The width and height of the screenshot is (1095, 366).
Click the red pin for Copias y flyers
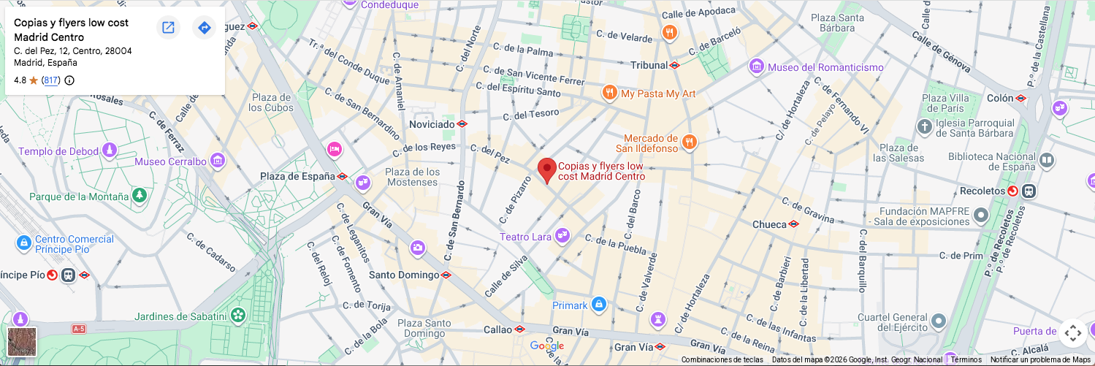click(546, 169)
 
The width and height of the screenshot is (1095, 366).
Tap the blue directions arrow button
click(205, 28)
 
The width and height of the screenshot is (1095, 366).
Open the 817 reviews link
click(50, 80)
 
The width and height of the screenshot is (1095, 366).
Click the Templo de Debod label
click(58, 151)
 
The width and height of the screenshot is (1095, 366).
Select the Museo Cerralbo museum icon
click(217, 161)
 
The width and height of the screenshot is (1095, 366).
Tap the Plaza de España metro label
click(297, 176)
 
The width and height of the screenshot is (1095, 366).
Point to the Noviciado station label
click(432, 124)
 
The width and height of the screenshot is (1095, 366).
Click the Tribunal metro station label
click(649, 65)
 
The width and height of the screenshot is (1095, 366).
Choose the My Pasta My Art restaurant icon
click(609, 93)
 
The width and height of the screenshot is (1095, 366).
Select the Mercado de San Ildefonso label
click(651, 143)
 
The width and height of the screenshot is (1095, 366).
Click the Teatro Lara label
click(525, 237)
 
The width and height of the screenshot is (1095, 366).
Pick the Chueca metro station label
click(769, 224)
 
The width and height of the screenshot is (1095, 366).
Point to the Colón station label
click(1000, 98)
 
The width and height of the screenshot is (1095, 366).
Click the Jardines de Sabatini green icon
click(237, 316)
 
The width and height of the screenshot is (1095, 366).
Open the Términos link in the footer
click(966, 359)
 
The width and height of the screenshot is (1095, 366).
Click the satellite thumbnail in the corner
click(22, 342)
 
